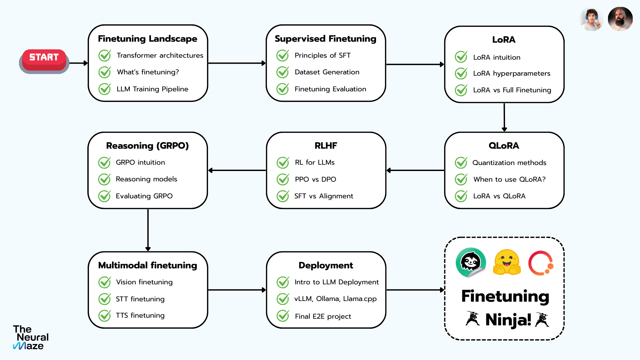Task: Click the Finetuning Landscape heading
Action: (x=148, y=39)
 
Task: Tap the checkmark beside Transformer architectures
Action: (x=105, y=55)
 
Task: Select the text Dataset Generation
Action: (x=327, y=72)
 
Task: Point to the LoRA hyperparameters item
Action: (x=512, y=74)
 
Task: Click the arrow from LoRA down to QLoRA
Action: (x=504, y=117)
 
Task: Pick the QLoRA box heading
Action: (x=504, y=146)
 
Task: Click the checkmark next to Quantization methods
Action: (x=461, y=163)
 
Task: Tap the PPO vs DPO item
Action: (x=315, y=179)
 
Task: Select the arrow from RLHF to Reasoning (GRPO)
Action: (x=237, y=170)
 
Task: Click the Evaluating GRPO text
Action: (x=144, y=196)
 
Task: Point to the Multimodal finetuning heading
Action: (x=148, y=265)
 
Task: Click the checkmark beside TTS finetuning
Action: (x=105, y=315)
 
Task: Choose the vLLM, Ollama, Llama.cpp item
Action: (x=335, y=299)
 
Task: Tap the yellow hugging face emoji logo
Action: (x=507, y=262)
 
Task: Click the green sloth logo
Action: (x=471, y=262)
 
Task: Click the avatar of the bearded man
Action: (x=620, y=19)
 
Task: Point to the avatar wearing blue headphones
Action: (x=592, y=19)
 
